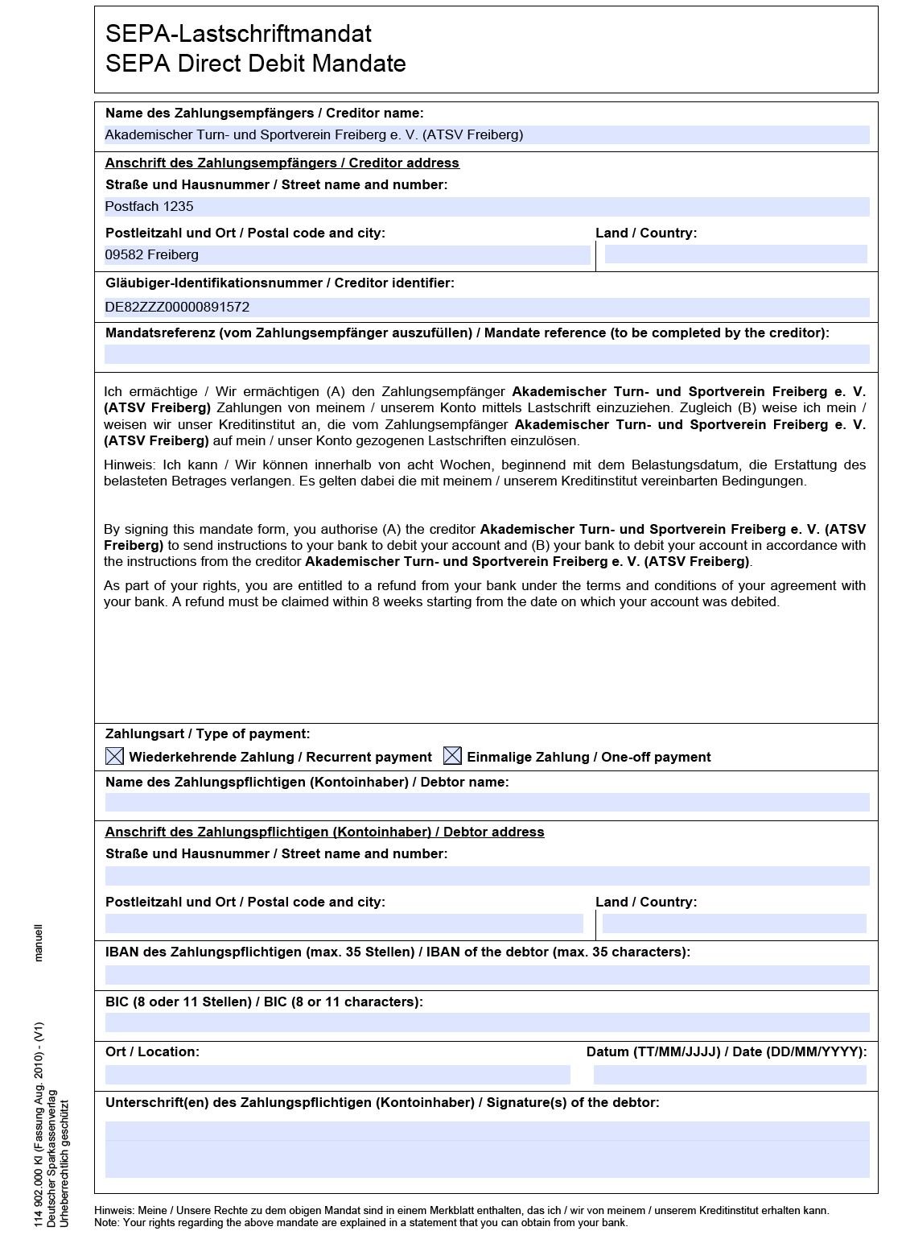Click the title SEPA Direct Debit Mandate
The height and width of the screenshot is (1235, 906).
tap(255, 64)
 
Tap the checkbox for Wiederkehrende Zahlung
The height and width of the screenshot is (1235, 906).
tap(115, 756)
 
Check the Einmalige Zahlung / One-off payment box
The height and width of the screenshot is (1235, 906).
tap(453, 756)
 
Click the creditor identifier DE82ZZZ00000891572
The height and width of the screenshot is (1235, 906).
tap(177, 307)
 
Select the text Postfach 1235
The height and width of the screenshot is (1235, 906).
tap(149, 206)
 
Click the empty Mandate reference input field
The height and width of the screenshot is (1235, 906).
tap(487, 354)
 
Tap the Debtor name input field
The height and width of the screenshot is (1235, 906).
tap(487, 802)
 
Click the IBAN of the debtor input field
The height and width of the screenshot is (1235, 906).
tap(487, 974)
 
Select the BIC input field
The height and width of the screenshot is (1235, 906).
tap(487, 1022)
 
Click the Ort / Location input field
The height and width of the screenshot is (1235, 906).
tap(337, 1074)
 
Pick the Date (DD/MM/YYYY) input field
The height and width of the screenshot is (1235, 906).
tap(729, 1074)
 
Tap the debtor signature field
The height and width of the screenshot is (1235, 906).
tap(487, 1149)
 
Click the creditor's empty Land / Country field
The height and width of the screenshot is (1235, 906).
tap(735, 254)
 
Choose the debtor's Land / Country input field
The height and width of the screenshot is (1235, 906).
tap(734, 923)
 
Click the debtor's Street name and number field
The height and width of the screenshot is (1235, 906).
tap(487, 876)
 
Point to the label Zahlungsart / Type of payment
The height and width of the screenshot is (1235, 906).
tap(208, 733)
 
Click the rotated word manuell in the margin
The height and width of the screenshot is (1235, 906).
tap(39, 943)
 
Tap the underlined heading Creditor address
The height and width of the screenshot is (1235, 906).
tap(282, 163)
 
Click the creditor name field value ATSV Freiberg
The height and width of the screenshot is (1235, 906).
tap(314, 134)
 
